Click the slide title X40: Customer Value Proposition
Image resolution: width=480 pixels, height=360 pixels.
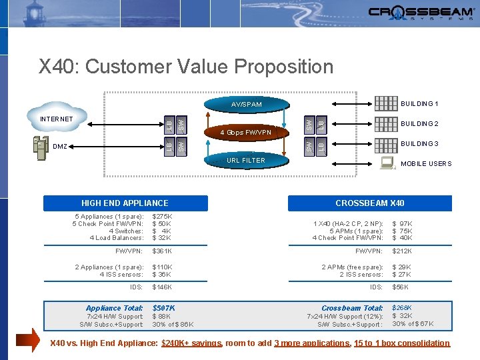[186, 67]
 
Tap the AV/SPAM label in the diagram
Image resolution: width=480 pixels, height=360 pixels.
[246, 105]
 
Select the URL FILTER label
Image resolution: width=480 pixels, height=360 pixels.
[246, 160]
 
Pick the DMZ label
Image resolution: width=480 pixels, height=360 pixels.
[59, 147]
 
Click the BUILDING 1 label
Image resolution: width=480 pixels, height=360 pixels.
[419, 104]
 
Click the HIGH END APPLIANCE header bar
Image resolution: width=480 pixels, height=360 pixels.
[125, 203]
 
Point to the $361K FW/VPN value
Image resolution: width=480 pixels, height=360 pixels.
[162, 251]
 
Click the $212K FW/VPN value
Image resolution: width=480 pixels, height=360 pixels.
[402, 251]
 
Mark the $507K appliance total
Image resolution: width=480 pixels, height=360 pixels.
[164, 308]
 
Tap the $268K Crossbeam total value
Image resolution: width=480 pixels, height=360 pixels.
[402, 307]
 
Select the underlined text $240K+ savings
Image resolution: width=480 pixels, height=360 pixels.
[192, 343]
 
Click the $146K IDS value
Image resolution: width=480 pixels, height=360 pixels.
[162, 286]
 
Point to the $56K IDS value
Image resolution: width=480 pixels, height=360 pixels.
[400, 286]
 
